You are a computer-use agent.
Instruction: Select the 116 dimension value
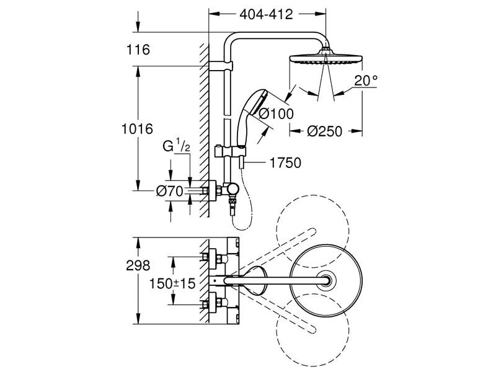point(137,50)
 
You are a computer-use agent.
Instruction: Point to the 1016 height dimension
point(137,129)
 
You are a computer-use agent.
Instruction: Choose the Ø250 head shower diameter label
point(326,131)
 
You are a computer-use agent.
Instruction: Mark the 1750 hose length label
point(285,163)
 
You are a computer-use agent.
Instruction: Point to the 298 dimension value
point(138,265)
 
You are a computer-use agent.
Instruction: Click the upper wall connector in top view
point(210,255)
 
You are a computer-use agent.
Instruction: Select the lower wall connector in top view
point(210,303)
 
